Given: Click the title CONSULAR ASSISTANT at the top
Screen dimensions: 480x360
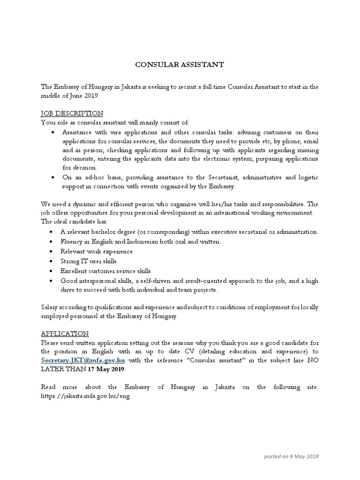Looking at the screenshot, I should pos(180,65).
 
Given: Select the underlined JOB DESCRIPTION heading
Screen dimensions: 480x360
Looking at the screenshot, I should pos(72,113).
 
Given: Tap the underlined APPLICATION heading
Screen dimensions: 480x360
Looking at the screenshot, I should pos(65,334).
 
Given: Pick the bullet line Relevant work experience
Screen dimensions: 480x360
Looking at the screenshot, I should pos(97,251).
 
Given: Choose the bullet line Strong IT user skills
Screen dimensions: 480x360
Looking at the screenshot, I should pos(89,261).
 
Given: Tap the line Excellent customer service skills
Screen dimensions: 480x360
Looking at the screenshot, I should pos(105,270).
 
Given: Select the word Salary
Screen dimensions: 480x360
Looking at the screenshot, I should pos(51,307).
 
